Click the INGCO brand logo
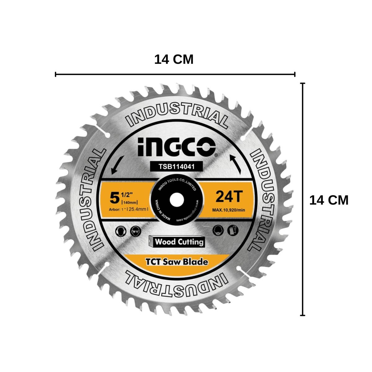(x=176, y=147)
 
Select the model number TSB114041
(x=176, y=166)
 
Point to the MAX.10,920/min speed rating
(x=228, y=210)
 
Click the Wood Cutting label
(x=179, y=242)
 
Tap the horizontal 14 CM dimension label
(x=174, y=59)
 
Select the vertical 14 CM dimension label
(x=329, y=200)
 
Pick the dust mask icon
(x=218, y=231)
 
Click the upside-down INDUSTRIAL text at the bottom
(x=176, y=284)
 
